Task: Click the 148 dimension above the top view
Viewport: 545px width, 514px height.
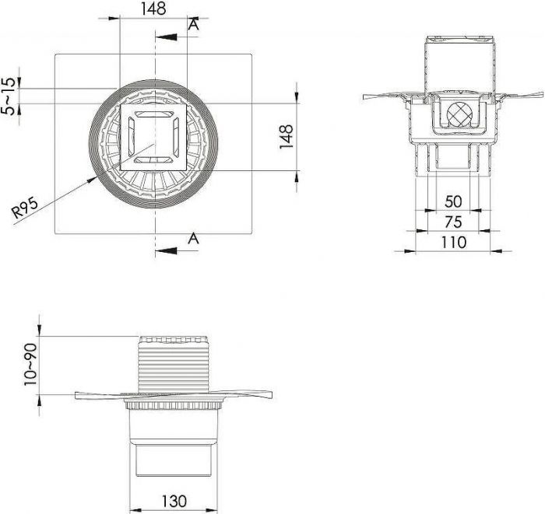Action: coord(153,10)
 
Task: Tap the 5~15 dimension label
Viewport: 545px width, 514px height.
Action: coord(9,95)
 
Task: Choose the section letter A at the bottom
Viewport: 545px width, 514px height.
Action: coord(194,239)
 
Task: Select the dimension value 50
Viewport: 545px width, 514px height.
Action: coord(452,201)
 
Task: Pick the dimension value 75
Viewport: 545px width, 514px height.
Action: coord(452,222)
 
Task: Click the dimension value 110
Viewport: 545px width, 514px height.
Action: coord(452,242)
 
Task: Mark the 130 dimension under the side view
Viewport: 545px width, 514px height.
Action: coord(173,501)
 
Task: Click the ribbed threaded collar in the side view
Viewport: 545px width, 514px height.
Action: coord(174,365)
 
